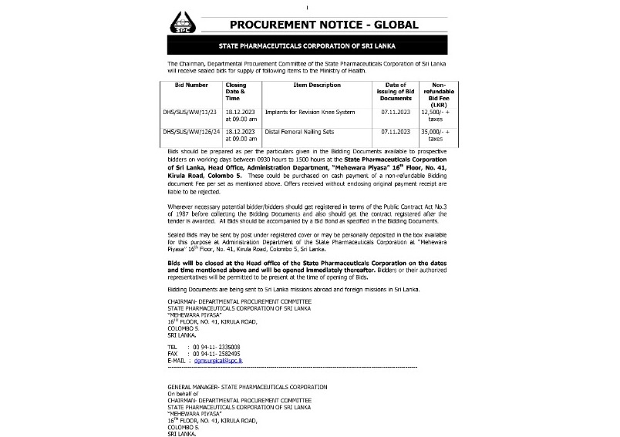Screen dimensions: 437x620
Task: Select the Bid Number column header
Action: tap(191, 85)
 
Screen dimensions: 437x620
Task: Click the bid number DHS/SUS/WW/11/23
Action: tap(192, 113)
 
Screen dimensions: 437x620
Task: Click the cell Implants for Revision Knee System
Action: tap(310, 113)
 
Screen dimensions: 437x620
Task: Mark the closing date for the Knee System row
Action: tap(236, 116)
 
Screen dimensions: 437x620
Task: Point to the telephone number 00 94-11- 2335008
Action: tap(217, 348)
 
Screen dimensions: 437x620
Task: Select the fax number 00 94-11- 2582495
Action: tap(217, 354)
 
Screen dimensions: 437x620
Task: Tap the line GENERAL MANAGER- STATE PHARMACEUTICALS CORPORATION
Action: tap(247, 386)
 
